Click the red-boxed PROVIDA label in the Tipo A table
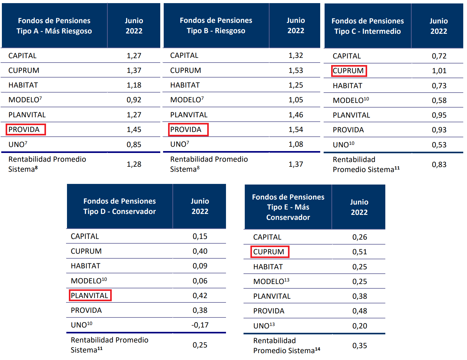pyautogui.click(x=25, y=129)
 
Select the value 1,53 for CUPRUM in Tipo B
pyautogui.click(x=295, y=70)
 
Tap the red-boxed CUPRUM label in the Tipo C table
pyautogui.click(x=349, y=71)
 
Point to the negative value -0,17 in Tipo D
pyautogui.click(x=200, y=325)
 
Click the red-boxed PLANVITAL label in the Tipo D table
pyautogui.click(x=90, y=296)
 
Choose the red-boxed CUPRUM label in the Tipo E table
pyautogui.click(x=269, y=252)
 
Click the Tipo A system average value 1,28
pyautogui.click(x=134, y=164)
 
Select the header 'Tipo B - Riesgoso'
pyautogui.click(x=216, y=31)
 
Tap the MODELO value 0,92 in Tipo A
pyautogui.click(x=134, y=100)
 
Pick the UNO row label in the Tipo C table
pyautogui.click(x=343, y=145)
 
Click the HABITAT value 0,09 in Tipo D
pyautogui.click(x=200, y=266)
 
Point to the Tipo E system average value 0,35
pyautogui.click(x=359, y=346)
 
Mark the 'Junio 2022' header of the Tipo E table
pyautogui.click(x=359, y=207)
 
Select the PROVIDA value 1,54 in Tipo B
pyautogui.click(x=295, y=129)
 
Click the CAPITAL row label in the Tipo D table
pyautogui.click(x=85, y=236)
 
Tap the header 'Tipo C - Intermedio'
pyautogui.click(x=367, y=31)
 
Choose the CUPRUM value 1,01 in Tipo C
pyautogui.click(x=439, y=71)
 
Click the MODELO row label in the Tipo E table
pyautogui.click(x=271, y=281)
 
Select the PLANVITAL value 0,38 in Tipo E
pyautogui.click(x=359, y=296)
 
